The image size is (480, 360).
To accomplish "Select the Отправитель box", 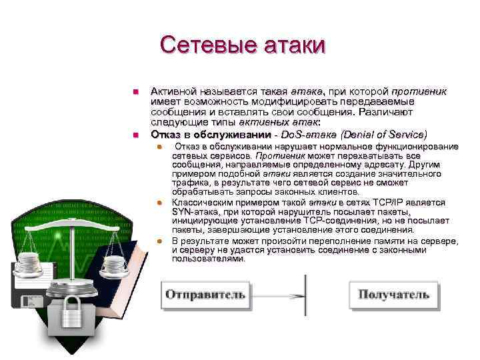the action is (205, 294).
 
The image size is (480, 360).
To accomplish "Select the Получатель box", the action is (393, 294).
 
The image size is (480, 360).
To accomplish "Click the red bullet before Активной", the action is (135, 91).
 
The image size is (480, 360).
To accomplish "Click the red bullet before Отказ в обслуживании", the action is (135, 135).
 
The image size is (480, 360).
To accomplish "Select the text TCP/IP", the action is (393, 202).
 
